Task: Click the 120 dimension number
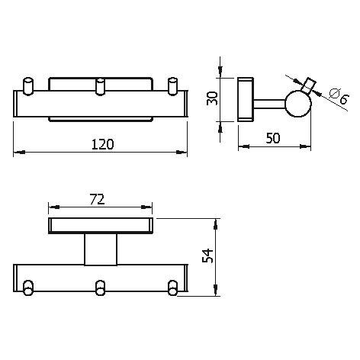coord(102,144)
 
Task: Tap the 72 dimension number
coord(98,200)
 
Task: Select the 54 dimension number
coord(207,256)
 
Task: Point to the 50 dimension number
coord(273,138)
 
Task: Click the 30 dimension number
coord(212,98)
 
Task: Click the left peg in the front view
coord(28,86)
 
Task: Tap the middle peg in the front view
coord(100,86)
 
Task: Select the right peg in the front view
coord(173,86)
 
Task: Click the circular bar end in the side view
coord(298,104)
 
